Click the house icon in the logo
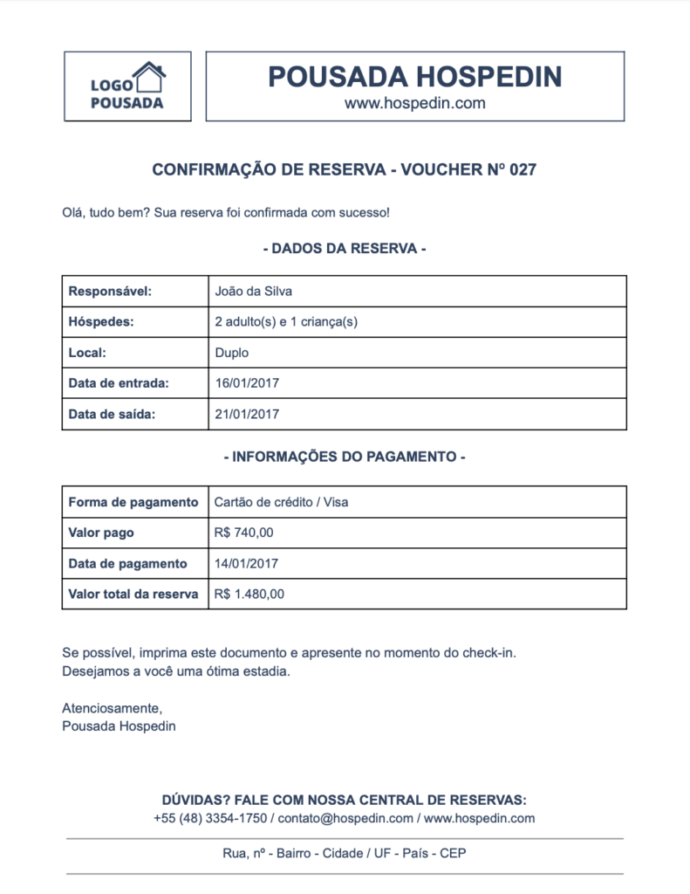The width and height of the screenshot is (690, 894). click(x=149, y=77)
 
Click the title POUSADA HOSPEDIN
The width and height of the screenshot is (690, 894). click(x=414, y=77)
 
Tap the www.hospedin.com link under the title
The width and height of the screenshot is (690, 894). click(x=414, y=103)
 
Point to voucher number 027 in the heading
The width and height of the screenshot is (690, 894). click(x=522, y=170)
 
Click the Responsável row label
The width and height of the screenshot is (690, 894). click(x=110, y=292)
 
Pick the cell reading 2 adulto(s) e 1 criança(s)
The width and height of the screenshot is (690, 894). click(x=286, y=322)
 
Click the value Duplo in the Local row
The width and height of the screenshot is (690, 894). click(x=231, y=353)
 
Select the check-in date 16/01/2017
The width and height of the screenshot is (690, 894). click(x=247, y=383)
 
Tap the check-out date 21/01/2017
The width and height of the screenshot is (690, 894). click(x=247, y=414)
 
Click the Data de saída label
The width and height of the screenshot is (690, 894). click(x=112, y=414)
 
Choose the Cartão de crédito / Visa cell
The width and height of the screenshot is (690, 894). click(x=281, y=502)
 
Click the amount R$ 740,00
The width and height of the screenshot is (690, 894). click(x=243, y=533)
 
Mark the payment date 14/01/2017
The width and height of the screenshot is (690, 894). click(x=247, y=563)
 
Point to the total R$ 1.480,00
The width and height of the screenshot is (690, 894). click(x=249, y=594)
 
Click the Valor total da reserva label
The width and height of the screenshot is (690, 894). click(x=133, y=594)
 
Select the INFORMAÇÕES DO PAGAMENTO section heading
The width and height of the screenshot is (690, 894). click(x=345, y=457)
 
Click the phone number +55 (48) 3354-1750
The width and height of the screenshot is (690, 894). click(x=209, y=818)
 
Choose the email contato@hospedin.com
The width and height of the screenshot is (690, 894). click(x=345, y=818)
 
